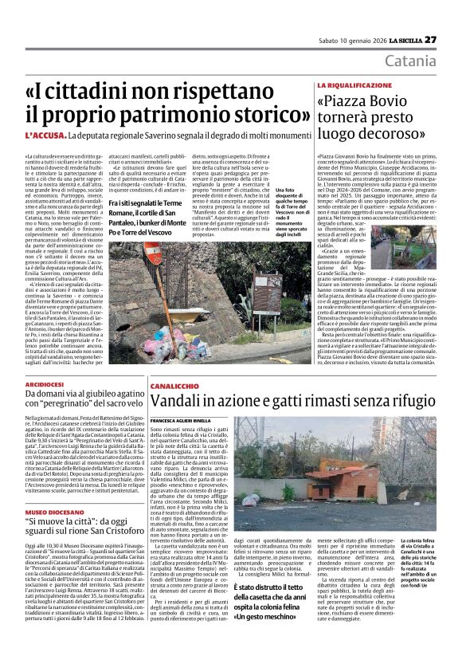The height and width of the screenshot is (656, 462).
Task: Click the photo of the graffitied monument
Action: [216, 303]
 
